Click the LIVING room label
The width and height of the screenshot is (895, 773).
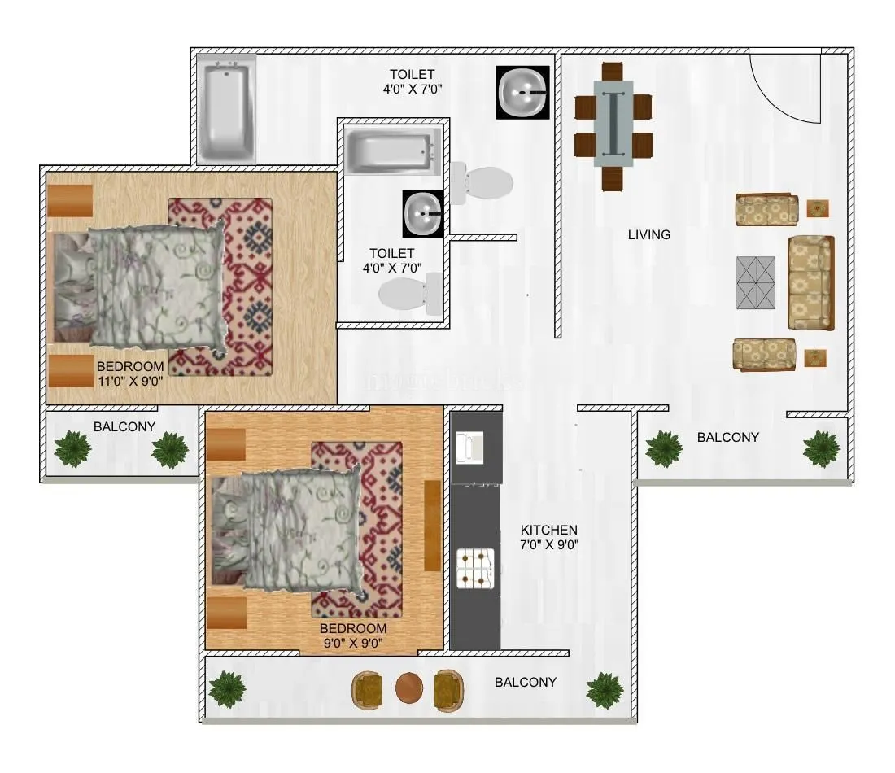point(648,235)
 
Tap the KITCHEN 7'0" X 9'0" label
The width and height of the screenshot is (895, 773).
point(549,537)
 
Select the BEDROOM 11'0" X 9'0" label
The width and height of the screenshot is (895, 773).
point(130,373)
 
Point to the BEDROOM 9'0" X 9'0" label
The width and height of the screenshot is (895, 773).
point(352,635)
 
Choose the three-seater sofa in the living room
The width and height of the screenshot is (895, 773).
point(810,282)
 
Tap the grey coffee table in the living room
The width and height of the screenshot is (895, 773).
point(756,282)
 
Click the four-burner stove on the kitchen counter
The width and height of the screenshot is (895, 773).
point(476,567)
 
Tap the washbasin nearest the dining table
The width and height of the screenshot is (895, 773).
point(522,93)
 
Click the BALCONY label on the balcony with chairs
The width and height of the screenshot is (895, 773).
point(526,683)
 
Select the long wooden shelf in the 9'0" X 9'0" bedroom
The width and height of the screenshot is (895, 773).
point(432,526)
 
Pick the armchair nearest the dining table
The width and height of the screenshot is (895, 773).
point(765,210)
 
